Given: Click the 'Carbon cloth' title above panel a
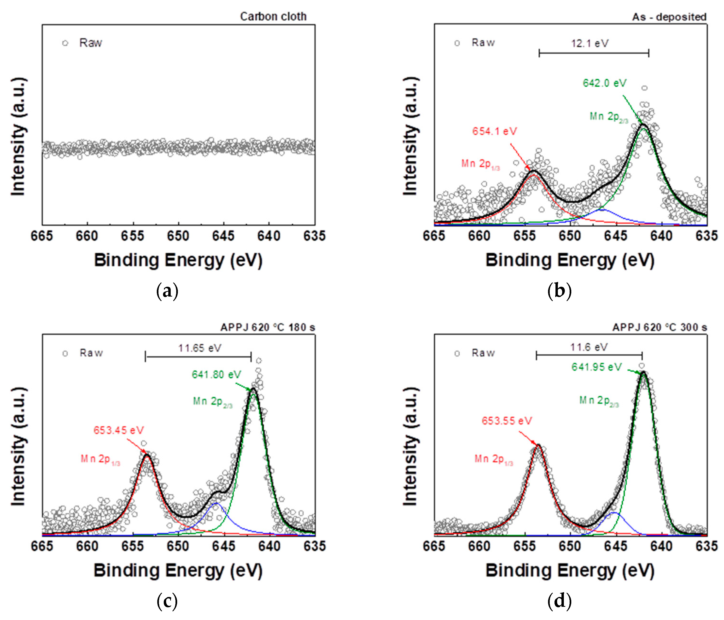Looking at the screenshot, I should pos(273,16).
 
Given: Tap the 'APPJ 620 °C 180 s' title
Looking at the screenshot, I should pos(268,327).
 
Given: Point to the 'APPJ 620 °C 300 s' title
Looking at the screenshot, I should pos(660,327).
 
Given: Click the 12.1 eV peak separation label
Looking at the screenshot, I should pos(590,43).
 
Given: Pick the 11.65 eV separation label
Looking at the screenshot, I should pos(200,348).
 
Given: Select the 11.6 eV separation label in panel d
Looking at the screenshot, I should pos(589,347).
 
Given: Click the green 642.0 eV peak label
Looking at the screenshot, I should pos(605,83).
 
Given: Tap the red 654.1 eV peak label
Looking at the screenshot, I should pos(494,131).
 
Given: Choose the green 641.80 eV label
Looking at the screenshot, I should pos(216,375).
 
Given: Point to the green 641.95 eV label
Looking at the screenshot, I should pos(597,367).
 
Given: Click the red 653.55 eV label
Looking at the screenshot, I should pos(507,421).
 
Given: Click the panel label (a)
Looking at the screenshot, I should pos(167,291).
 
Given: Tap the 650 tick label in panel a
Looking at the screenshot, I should pos(178,236).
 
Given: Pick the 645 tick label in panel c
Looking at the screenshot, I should pos(224,546).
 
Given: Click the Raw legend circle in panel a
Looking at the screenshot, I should pos(65,43).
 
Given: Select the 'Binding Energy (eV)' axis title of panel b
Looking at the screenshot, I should pos(570,261).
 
